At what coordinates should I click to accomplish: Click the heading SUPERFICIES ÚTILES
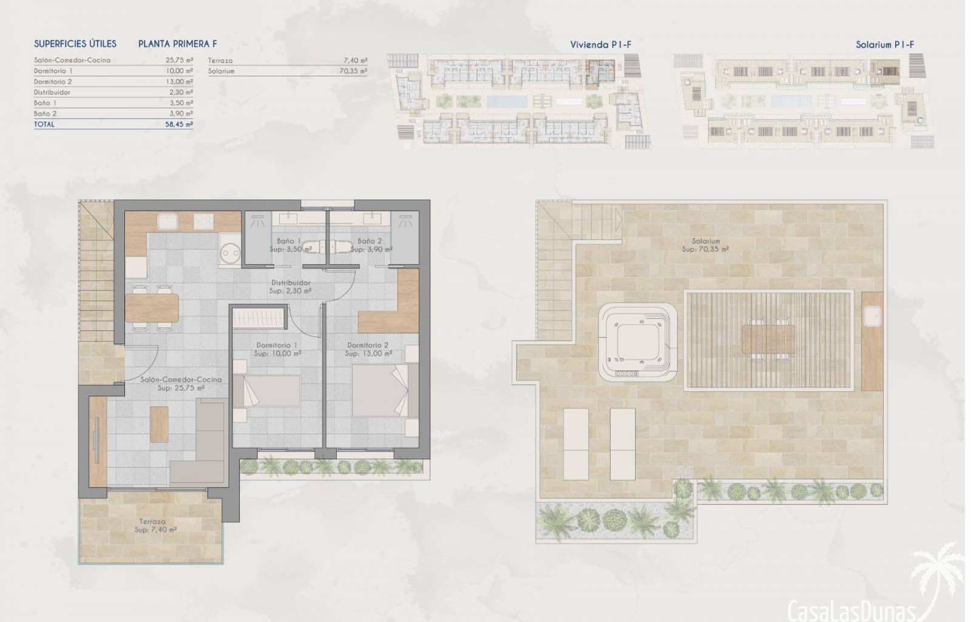(75, 44)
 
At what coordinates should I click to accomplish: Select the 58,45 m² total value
(179, 125)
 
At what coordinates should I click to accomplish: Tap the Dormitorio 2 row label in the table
(53, 81)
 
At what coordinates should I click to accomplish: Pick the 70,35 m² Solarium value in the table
(353, 71)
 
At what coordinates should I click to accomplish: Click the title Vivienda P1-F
(600, 44)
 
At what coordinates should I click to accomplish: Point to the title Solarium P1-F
(885, 44)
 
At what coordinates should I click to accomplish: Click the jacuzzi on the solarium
(638, 342)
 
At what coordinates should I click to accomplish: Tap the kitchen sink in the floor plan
(167, 222)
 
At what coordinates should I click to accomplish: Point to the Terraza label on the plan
(152, 521)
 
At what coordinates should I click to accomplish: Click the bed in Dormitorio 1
(266, 391)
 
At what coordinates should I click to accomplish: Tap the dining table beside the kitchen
(152, 308)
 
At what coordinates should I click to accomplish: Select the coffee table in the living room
(159, 424)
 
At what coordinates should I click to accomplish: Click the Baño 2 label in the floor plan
(370, 241)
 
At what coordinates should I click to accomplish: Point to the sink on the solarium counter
(872, 316)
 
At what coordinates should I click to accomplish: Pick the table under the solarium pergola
(768, 340)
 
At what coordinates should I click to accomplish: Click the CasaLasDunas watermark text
(851, 610)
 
